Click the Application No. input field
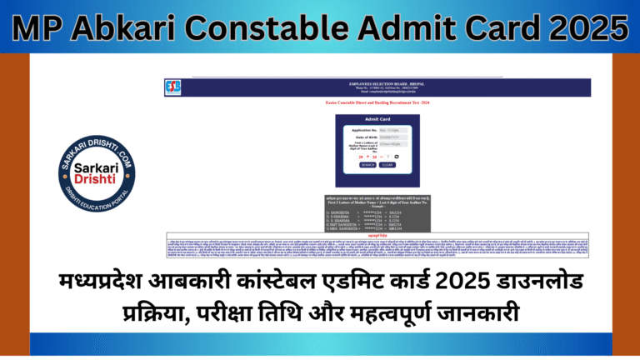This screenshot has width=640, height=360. [389, 131]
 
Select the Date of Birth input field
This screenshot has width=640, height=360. [389, 137]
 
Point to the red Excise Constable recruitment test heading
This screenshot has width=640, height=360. [377, 102]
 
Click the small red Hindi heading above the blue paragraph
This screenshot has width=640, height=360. [377, 235]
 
